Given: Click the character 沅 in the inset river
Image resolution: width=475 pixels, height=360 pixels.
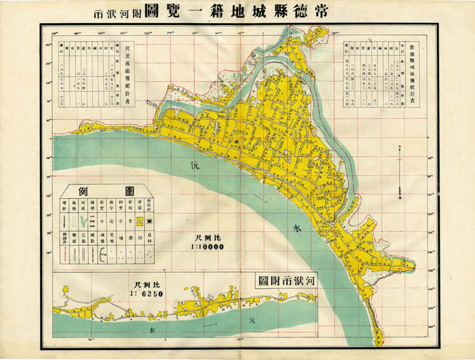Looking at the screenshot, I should pyautogui.click(x=252, y=321).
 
